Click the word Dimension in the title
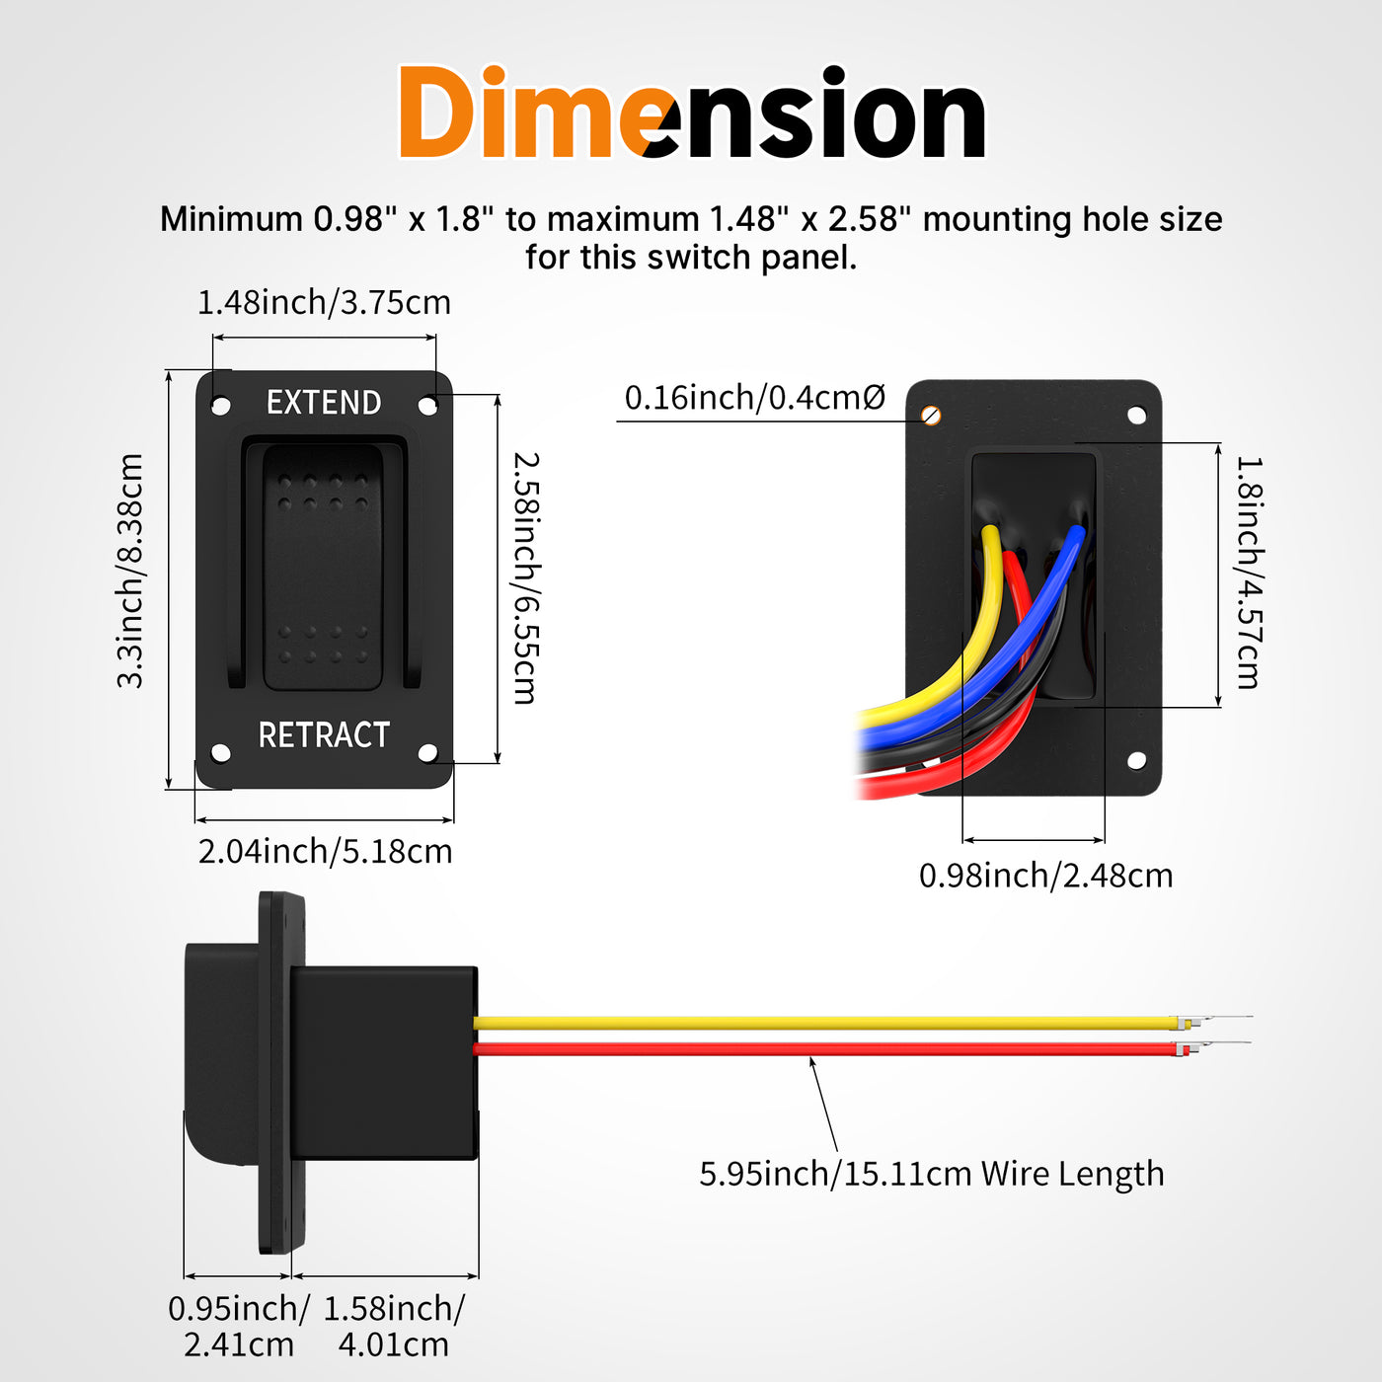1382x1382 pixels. pyautogui.click(x=691, y=113)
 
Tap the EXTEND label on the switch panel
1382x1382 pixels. pyautogui.click(x=324, y=403)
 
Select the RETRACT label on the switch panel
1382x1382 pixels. pyautogui.click(x=324, y=735)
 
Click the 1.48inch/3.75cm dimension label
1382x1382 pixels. pyautogui.click(x=324, y=303)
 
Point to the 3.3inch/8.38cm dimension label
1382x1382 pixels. pyautogui.click(x=130, y=571)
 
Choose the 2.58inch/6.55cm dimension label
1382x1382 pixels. pyautogui.click(x=526, y=578)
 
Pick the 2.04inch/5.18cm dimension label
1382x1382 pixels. pyautogui.click(x=326, y=852)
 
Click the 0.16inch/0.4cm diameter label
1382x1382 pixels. pyautogui.click(x=755, y=397)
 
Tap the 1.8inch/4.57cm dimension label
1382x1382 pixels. pyautogui.click(x=1249, y=573)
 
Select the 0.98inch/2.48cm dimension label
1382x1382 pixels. pyautogui.click(x=1045, y=876)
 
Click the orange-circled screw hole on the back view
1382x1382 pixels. pyautogui.click(x=931, y=416)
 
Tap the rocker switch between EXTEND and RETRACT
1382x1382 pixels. pyautogui.click(x=323, y=568)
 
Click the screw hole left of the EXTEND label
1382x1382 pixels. pyautogui.click(x=221, y=406)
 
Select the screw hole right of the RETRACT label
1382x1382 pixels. pyautogui.click(x=427, y=753)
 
